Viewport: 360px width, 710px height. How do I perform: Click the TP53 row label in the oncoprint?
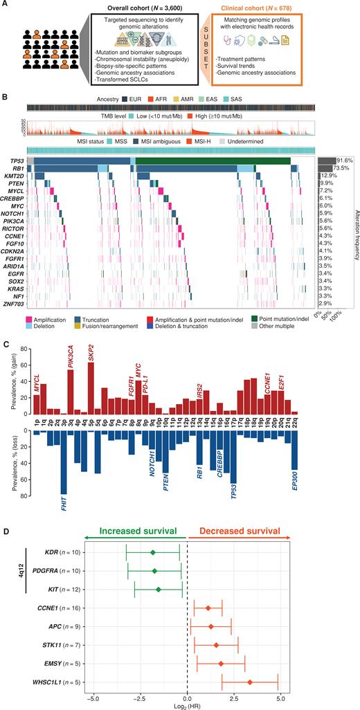pyautogui.click(x=16, y=161)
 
